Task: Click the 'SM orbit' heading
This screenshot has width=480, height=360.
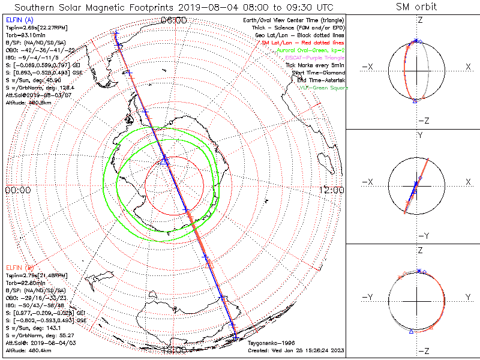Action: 416,7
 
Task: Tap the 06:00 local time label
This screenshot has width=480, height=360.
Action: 174,20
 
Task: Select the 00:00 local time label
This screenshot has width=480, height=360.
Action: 17,190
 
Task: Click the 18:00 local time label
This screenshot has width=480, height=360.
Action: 174,349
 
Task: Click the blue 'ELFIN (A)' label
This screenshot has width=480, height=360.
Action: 19,20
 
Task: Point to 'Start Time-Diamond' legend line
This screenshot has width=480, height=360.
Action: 318,72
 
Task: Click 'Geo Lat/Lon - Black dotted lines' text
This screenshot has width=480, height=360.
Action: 299,35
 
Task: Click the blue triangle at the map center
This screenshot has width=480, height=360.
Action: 166,161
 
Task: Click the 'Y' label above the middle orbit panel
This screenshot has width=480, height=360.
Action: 419,136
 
